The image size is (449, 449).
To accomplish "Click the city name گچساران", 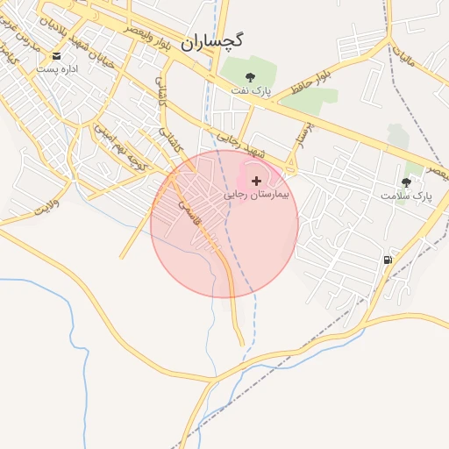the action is point(212,40).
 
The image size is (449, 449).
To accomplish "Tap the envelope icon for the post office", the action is point(56,55).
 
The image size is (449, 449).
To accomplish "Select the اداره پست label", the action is point(62,68).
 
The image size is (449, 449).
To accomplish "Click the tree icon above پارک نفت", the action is point(252,77).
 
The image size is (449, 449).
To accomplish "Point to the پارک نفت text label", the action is point(253,90).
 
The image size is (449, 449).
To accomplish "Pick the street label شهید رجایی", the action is point(241,145).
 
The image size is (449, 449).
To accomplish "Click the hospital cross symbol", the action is point(255,180).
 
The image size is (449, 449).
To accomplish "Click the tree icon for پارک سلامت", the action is point(406,182).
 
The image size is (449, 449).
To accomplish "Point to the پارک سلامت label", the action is point(406,196).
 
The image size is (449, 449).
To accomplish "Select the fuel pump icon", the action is point(387,260).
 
